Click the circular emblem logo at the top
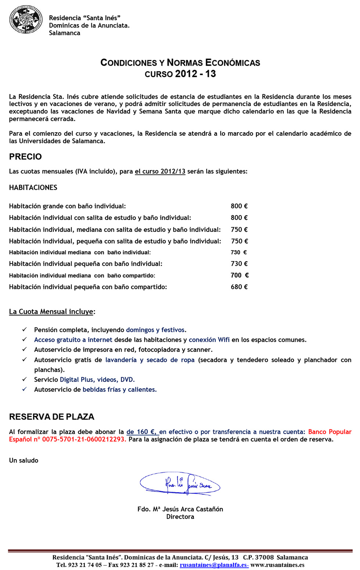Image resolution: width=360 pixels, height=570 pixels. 26,19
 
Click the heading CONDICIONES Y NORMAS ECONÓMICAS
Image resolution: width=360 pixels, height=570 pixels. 180,62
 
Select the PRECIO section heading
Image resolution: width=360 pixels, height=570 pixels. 25,157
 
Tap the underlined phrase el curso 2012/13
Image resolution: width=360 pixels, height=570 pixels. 160,171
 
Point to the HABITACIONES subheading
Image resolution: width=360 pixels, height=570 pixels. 33,188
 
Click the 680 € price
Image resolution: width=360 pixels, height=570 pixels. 239,287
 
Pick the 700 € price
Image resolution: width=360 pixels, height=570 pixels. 240,275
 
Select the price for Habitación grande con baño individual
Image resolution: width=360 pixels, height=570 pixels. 239,206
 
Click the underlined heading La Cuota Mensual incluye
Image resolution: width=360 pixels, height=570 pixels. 51,312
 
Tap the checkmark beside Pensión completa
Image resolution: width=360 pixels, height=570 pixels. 24,330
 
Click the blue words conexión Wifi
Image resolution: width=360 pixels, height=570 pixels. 209,340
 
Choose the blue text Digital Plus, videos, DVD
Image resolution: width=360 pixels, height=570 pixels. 97,380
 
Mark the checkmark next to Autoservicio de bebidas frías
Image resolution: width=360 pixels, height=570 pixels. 24,389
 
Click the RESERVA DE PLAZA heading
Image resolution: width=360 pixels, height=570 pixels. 52,417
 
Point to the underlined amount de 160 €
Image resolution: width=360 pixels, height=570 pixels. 142,432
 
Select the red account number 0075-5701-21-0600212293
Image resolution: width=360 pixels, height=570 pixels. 84,439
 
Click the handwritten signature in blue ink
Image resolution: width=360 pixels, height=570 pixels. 180,484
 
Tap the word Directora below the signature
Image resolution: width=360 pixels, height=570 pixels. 180,517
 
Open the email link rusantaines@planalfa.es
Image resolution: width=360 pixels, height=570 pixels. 214,565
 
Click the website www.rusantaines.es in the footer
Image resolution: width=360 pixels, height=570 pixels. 277,565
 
